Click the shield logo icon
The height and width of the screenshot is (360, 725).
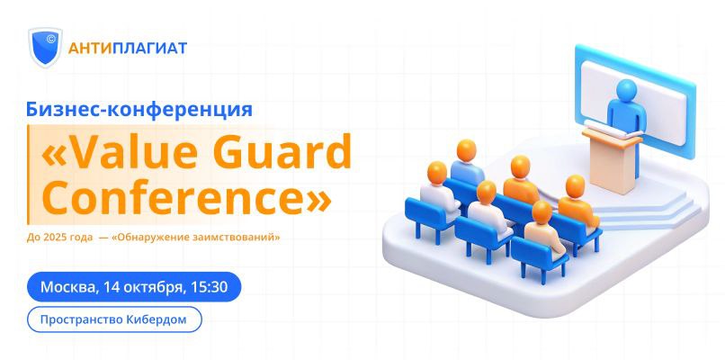point(45,47)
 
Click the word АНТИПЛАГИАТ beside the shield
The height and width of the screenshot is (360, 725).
point(128,48)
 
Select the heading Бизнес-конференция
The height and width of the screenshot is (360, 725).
point(139,110)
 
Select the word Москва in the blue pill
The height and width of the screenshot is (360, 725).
point(69,287)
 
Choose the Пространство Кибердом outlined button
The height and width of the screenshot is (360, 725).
point(114,319)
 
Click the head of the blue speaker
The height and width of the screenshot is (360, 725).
point(627,89)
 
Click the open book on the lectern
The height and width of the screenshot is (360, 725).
point(612,128)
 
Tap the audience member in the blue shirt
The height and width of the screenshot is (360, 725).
point(467,163)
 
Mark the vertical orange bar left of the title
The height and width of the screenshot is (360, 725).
point(28,175)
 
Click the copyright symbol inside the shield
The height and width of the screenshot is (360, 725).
point(51,40)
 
